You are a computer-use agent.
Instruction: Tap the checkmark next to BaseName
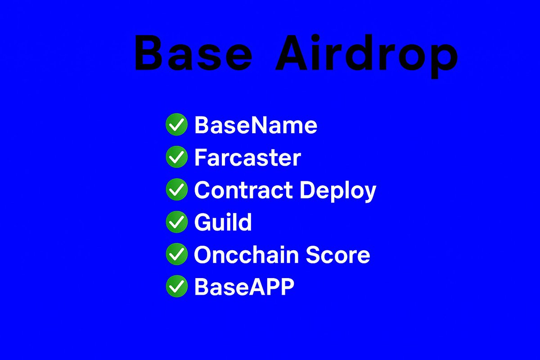coord(176,125)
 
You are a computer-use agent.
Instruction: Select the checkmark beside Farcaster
coord(176,157)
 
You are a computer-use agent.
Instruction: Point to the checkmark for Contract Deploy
coord(176,189)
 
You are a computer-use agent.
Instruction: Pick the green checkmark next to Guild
coord(176,222)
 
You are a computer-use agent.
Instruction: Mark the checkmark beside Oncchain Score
coord(176,254)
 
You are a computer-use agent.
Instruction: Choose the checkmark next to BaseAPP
coord(176,287)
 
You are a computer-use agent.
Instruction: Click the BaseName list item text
coord(256,125)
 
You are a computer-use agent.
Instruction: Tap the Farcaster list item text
coord(247,157)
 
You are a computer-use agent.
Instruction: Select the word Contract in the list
coord(243,190)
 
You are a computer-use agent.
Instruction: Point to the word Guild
coord(223,222)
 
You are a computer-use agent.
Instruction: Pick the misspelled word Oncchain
coord(246,255)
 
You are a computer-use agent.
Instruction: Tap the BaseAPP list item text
coord(244,287)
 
